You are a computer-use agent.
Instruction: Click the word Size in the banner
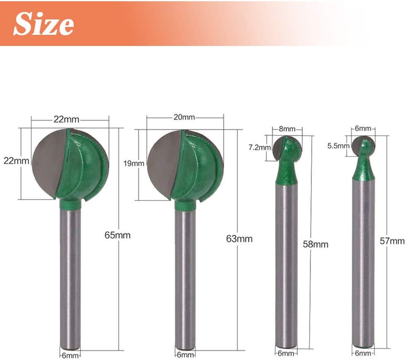point(44,24)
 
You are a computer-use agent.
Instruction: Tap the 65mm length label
point(117,235)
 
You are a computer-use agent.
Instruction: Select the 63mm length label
point(239,239)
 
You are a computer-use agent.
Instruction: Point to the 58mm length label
point(315,244)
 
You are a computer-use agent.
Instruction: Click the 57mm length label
point(392,241)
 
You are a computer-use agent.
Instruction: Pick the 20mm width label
point(184,117)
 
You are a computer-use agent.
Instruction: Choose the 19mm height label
point(134,163)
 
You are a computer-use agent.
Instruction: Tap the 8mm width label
point(287,129)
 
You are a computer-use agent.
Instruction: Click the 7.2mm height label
point(259,147)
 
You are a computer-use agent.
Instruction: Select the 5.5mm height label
point(338,146)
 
